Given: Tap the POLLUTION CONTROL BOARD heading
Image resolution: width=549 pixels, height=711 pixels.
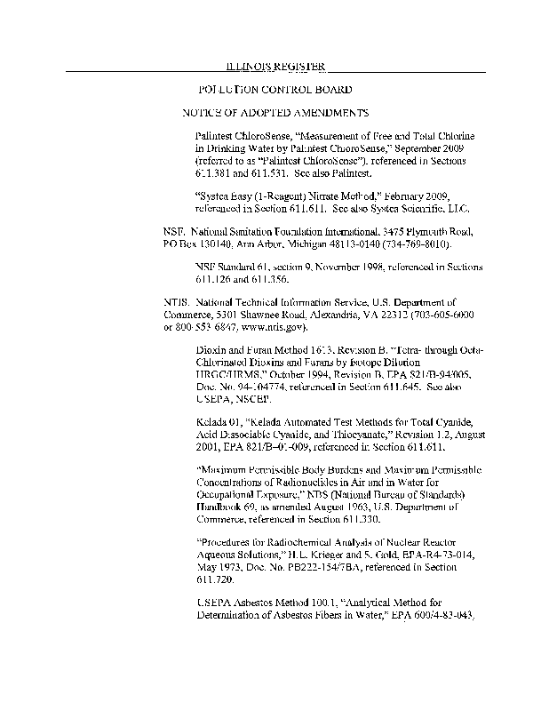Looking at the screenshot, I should (x=275, y=90).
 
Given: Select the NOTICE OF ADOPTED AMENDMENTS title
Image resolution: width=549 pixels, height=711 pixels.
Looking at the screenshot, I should (x=275, y=114).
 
